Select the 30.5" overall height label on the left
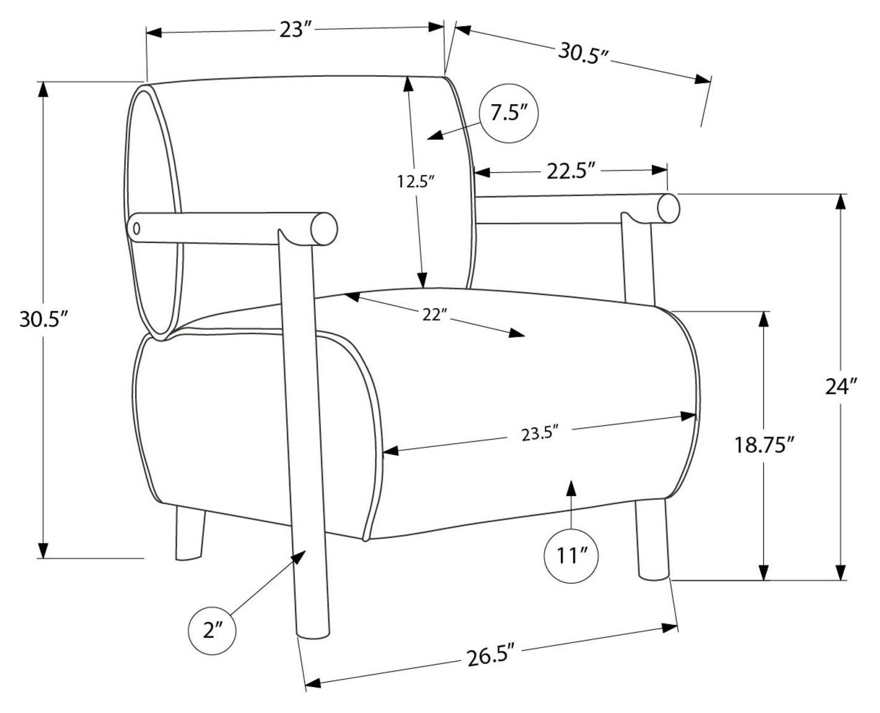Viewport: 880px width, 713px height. point(43,319)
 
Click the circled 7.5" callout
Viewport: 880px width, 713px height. point(509,113)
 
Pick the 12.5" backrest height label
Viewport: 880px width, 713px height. point(416,182)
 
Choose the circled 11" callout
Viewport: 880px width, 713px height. point(571,556)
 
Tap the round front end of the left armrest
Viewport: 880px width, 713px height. point(324,229)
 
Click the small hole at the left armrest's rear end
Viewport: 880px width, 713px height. point(137,228)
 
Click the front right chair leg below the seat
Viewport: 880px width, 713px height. point(652,540)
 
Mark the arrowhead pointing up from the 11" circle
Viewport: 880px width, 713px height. point(571,488)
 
